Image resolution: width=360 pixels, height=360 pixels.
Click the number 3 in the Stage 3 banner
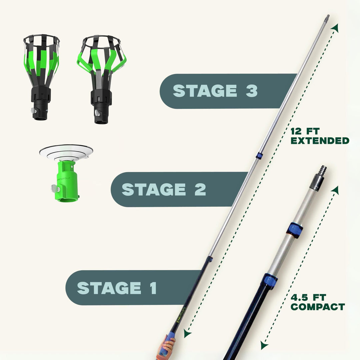pyautogui.click(x=252, y=91)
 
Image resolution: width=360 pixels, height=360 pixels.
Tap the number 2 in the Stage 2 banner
pyautogui.click(x=200, y=189)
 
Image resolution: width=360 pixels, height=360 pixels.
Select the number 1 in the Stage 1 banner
pyautogui.click(x=153, y=288)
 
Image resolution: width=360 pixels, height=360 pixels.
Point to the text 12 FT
pyautogui.click(x=301, y=130)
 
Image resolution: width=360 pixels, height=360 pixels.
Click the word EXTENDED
pyautogui.click(x=320, y=141)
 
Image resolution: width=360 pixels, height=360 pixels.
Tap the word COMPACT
pyautogui.click(x=317, y=307)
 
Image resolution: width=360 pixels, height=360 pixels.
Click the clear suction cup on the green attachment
pyautogui.click(x=66, y=151)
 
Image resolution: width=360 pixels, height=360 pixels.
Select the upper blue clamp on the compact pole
pyautogui.click(x=295, y=230)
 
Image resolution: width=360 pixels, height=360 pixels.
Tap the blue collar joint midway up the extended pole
pyautogui.click(x=259, y=155)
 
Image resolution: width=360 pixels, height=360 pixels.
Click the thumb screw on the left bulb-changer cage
pyautogui.click(x=33, y=110)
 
